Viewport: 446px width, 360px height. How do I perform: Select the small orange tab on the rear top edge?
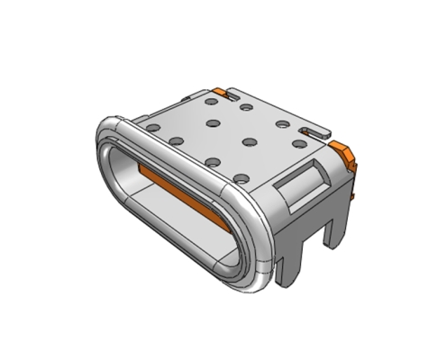pos(221,92)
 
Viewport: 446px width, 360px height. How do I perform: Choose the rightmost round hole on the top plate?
pos(298,142)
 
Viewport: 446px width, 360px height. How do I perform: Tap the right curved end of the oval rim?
pos(262,243)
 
